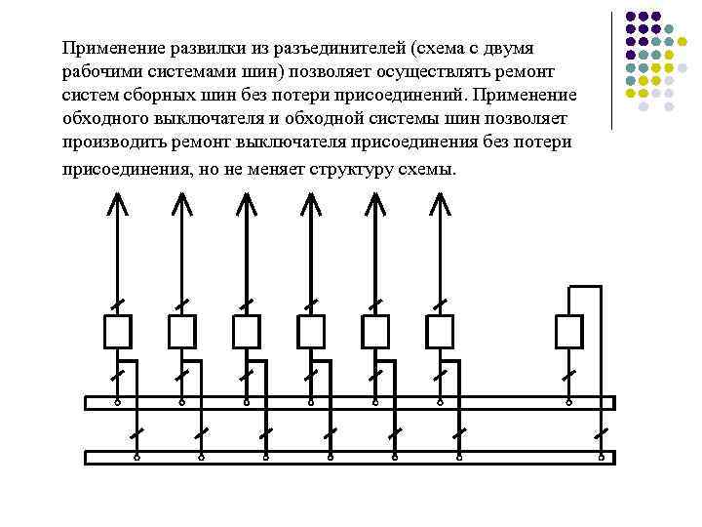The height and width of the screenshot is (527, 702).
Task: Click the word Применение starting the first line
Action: tap(109, 48)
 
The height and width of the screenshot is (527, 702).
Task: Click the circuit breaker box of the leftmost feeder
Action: tap(117, 332)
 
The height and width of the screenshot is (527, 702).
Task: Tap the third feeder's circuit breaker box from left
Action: tap(246, 332)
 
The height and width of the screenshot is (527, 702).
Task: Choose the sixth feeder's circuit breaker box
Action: tap(440, 332)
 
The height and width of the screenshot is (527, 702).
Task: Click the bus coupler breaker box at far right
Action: tap(569, 332)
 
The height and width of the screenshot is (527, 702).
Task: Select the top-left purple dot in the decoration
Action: tap(630, 17)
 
